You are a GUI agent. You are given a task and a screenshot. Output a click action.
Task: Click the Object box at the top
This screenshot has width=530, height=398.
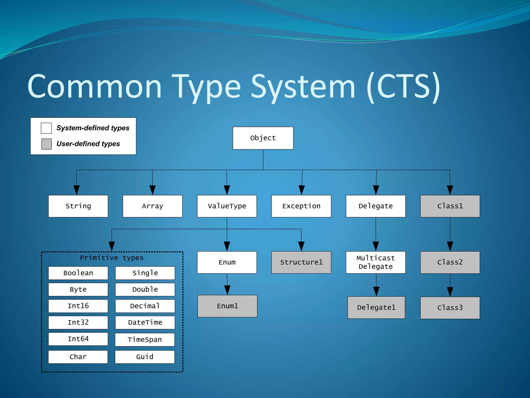(263, 138)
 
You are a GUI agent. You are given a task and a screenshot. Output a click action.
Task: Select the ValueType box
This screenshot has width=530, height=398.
(227, 206)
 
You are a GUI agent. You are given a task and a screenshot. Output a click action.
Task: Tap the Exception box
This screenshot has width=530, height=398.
(301, 206)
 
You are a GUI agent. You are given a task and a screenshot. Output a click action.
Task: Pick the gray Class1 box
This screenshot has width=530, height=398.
(450, 206)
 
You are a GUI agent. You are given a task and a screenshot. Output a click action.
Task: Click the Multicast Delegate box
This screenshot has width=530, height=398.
(376, 262)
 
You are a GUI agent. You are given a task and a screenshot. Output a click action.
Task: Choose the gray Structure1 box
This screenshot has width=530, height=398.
(301, 262)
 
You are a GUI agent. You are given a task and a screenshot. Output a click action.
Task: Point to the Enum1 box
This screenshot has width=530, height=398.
(227, 306)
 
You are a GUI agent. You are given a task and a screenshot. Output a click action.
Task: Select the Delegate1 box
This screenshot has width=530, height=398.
(376, 307)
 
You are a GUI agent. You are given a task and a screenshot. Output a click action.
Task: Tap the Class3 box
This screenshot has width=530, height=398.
(450, 308)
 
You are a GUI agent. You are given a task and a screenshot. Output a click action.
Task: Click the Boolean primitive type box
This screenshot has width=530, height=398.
(78, 273)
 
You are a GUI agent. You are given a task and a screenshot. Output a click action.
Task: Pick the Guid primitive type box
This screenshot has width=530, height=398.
(145, 357)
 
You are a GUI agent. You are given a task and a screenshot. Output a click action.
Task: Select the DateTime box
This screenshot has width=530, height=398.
(145, 322)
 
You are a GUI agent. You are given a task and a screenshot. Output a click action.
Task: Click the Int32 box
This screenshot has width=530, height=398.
(78, 322)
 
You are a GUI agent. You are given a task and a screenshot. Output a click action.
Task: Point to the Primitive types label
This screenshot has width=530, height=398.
(112, 258)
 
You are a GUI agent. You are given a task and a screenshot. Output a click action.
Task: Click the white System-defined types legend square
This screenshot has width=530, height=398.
(46, 128)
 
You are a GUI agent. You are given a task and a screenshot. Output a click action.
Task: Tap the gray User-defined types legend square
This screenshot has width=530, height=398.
(47, 144)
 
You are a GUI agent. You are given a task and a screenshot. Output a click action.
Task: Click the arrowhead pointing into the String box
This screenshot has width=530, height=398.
(76, 190)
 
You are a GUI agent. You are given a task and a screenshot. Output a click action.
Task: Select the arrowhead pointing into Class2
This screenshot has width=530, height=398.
(450, 246)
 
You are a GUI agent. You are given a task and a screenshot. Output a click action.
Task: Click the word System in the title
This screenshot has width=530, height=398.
(303, 87)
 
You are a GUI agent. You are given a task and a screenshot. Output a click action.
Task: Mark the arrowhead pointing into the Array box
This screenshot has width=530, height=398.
(152, 190)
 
